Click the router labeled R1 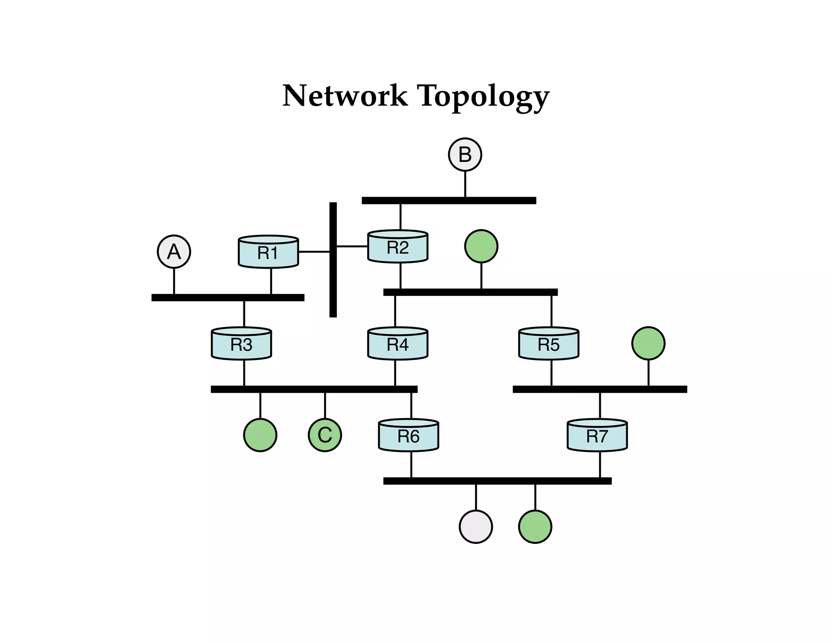(x=268, y=252)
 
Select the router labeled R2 (x=398, y=247)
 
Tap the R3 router (x=241, y=344)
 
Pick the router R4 (x=398, y=344)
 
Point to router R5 (x=549, y=344)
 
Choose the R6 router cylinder (x=408, y=436)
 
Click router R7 (x=597, y=436)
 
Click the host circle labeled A (x=174, y=252)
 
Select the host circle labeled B (x=465, y=154)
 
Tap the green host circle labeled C (x=325, y=435)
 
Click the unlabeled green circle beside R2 (x=481, y=246)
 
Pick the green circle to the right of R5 (x=648, y=343)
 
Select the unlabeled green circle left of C (x=260, y=435)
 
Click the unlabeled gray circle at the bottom (x=476, y=527)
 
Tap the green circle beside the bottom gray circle (x=535, y=527)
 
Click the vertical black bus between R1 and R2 (x=333, y=285)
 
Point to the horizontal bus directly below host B (x=449, y=200)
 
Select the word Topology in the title (x=483, y=97)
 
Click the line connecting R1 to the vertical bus (x=314, y=252)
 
